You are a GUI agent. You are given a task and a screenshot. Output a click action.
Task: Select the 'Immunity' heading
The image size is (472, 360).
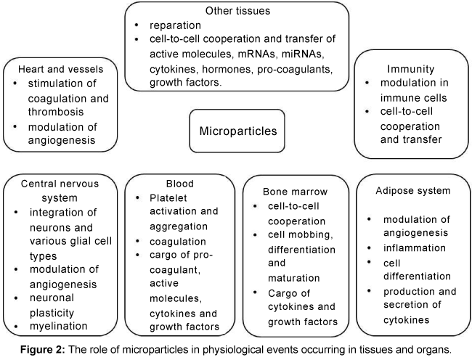click(x=410, y=69)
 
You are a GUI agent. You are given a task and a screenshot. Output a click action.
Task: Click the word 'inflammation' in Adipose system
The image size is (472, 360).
click(x=415, y=247)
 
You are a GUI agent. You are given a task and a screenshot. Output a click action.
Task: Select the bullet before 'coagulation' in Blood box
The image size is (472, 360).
click(x=137, y=241)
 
